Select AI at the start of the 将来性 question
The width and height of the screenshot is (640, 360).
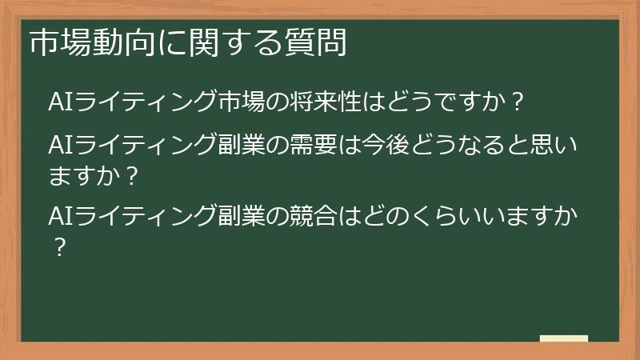coord(62,102)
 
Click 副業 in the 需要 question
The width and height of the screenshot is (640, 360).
coord(244,146)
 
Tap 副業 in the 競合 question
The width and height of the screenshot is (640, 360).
coord(244,216)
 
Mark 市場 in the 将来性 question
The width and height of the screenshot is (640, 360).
coord(244,102)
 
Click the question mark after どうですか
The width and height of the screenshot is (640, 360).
coord(517,102)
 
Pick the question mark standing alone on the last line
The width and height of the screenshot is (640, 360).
coord(58,246)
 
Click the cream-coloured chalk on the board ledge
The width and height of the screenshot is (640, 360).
coord(564,338)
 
